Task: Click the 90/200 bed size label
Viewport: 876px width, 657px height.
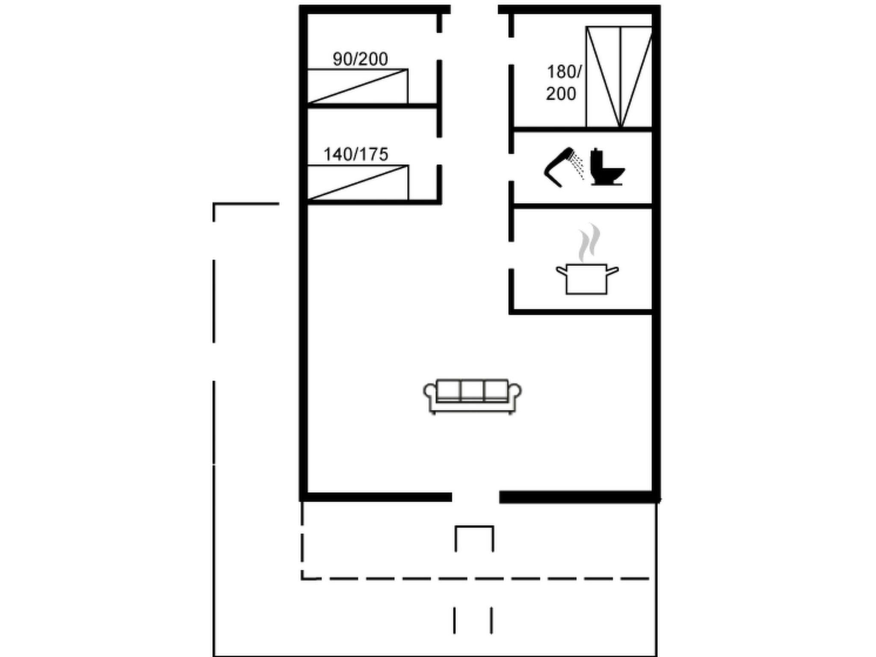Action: (x=360, y=59)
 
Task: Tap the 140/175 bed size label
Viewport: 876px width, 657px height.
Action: (x=356, y=154)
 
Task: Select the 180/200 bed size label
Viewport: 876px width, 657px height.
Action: (x=564, y=83)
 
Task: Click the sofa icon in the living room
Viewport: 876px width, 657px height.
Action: (x=472, y=397)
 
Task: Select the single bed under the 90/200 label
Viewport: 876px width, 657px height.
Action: (x=358, y=86)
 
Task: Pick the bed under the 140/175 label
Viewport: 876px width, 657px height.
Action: (x=358, y=183)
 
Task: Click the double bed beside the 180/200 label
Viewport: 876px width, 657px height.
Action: (x=619, y=77)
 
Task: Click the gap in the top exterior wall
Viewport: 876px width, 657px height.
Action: (x=474, y=9)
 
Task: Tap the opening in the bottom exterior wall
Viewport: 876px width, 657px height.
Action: (x=475, y=497)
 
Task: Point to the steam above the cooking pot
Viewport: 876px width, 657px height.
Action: (x=589, y=243)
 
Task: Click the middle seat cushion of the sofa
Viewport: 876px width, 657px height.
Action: (x=472, y=391)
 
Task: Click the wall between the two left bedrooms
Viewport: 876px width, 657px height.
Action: (x=372, y=106)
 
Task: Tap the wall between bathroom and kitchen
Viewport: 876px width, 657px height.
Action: (x=583, y=207)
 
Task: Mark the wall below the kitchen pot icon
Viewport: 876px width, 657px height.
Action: (x=581, y=312)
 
